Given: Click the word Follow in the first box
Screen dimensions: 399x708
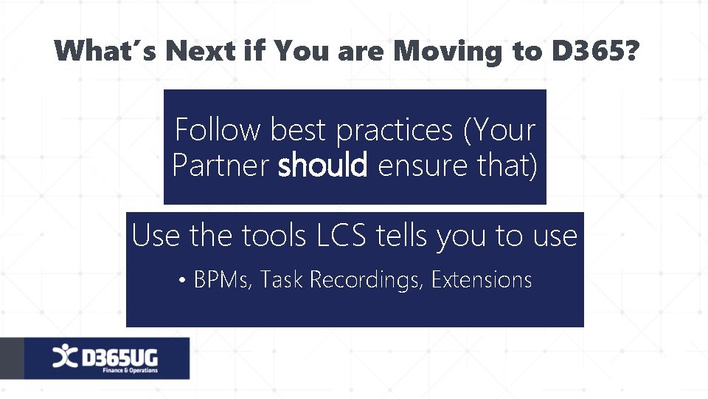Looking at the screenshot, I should click(x=218, y=130).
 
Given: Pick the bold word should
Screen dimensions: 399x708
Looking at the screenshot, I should click(x=322, y=166).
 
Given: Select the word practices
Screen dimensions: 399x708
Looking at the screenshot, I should click(x=395, y=131).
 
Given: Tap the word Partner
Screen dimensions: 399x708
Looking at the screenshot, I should click(x=221, y=166).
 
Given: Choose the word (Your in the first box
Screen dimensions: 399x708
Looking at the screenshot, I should click(x=499, y=131).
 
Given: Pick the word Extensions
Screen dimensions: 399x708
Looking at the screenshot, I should click(x=482, y=280).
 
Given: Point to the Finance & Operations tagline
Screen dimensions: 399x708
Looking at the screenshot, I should click(x=130, y=370).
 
